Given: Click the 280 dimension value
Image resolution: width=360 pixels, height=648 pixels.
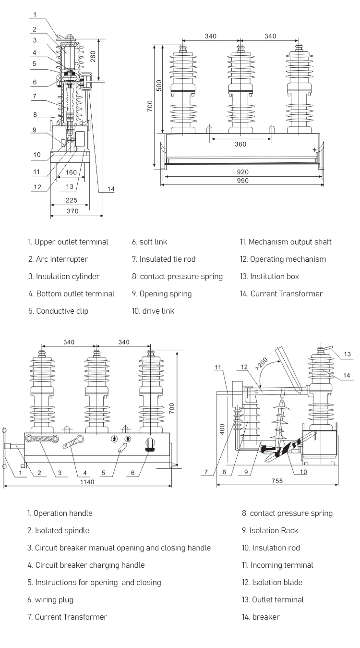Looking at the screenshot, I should point(94,57).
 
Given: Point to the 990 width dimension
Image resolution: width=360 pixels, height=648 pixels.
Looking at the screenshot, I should point(242,181).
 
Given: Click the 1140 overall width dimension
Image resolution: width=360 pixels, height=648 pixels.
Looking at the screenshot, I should point(87,482).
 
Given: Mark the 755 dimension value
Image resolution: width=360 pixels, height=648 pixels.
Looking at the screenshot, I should point(277,481).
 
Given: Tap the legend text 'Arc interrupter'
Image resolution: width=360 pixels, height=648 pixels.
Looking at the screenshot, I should point(61,259).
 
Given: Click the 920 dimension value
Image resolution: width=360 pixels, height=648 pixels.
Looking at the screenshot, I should point(242,172).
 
